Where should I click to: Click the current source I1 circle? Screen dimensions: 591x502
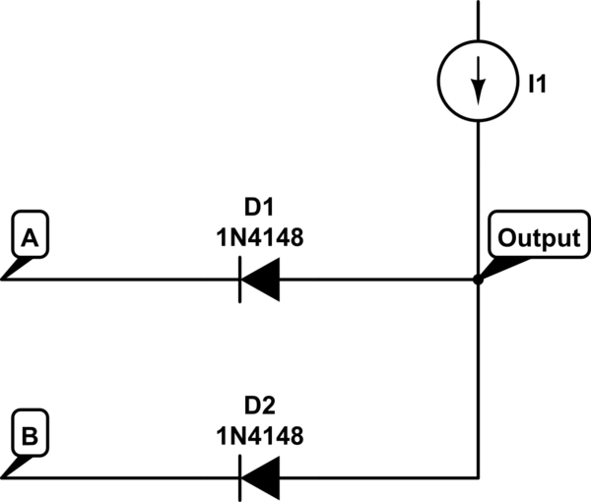click(x=437, y=81)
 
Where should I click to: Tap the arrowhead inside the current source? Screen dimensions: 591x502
click(x=479, y=93)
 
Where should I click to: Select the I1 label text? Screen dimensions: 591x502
click(x=538, y=84)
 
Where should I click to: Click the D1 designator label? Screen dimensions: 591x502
click(x=259, y=207)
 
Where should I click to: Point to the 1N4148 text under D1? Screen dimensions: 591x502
click(x=260, y=237)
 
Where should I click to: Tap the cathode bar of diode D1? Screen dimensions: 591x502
click(x=239, y=280)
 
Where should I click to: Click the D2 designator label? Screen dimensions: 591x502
click(x=260, y=406)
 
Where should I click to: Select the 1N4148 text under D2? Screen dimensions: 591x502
click(x=260, y=436)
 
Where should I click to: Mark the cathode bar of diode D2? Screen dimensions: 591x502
click(x=239, y=478)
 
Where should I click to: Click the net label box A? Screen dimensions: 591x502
click(x=31, y=234)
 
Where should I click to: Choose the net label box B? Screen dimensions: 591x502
click(x=31, y=433)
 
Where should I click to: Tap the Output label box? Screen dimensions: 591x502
click(x=540, y=234)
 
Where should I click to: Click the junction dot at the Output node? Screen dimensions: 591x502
click(x=478, y=280)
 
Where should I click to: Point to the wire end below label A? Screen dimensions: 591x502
click(x=2, y=280)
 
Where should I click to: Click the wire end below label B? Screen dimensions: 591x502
click(x=2, y=478)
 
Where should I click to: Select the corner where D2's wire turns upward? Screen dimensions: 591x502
click(x=479, y=478)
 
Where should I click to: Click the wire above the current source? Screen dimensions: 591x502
click(x=479, y=20)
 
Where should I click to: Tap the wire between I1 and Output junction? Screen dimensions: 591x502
click(x=479, y=199)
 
